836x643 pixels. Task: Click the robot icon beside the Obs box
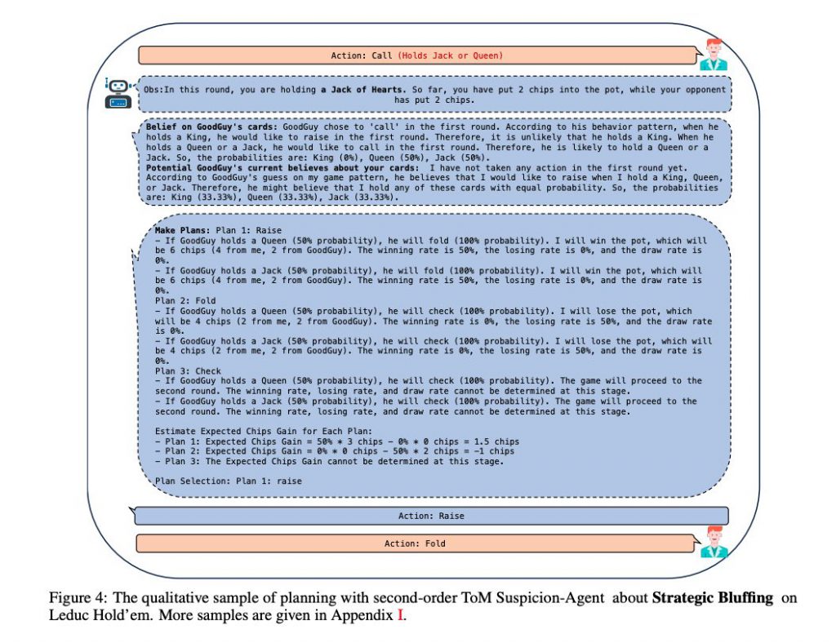pyautogui.click(x=118, y=93)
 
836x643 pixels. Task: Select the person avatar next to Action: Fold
pyautogui.click(x=713, y=542)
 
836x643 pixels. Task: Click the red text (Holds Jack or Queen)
pyautogui.click(x=450, y=55)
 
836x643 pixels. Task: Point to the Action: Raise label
pyautogui.click(x=431, y=516)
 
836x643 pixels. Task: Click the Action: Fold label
pyautogui.click(x=415, y=543)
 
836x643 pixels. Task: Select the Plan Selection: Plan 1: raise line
pyautogui.click(x=228, y=481)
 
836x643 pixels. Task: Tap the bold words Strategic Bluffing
pyautogui.click(x=712, y=598)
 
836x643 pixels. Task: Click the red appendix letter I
pyautogui.click(x=400, y=615)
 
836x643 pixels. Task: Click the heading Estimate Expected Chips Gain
pyautogui.click(x=261, y=431)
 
